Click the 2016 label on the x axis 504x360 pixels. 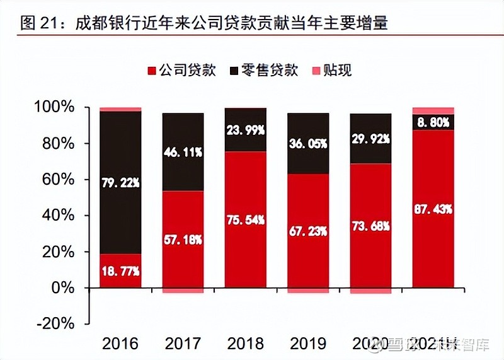coord(120,344)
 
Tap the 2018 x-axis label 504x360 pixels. coord(245,344)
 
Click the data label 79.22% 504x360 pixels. coord(120,182)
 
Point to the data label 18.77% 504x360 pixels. coord(120,271)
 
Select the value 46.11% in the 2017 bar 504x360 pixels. coord(183,152)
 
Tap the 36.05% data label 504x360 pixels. coord(308,144)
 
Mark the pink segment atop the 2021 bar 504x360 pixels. coord(433,110)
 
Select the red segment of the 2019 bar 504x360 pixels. coord(308,258)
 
